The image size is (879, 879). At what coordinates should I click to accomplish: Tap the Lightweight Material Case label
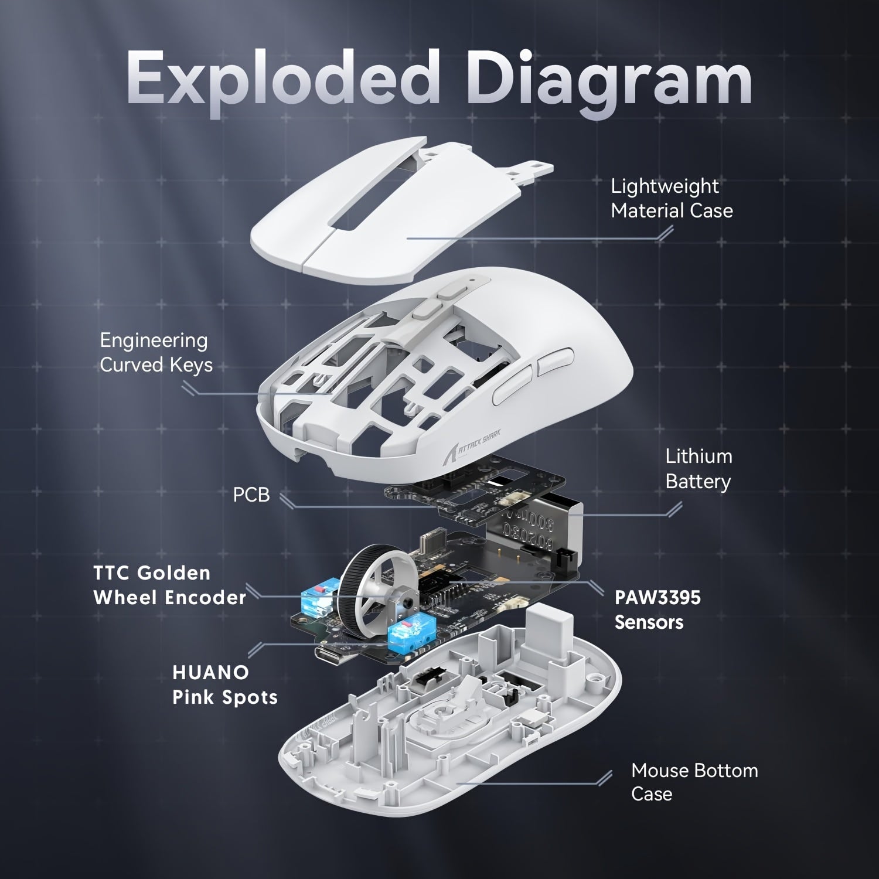pyautogui.click(x=672, y=198)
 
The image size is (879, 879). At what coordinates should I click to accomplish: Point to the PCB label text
pyautogui.click(x=251, y=495)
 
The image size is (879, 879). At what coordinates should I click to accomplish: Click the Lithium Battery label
pyautogui.click(x=699, y=469)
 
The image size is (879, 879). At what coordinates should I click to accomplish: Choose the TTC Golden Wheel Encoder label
pyautogui.click(x=169, y=585)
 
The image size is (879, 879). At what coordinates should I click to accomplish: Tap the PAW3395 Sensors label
pyautogui.click(x=657, y=609)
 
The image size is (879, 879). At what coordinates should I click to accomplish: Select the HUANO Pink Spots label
pyautogui.click(x=224, y=684)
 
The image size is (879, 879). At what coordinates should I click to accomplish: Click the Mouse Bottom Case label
pyautogui.click(x=694, y=782)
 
